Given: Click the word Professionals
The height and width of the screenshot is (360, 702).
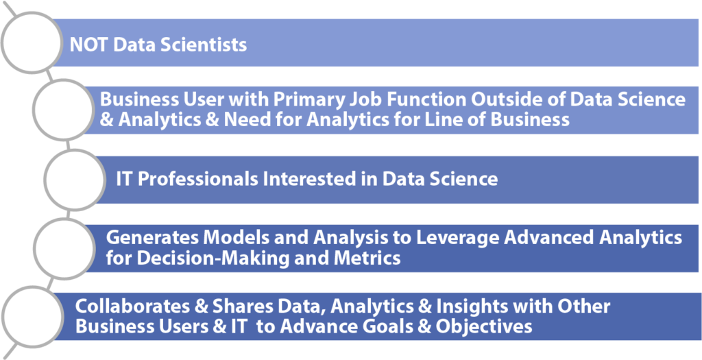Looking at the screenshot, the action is point(197,180).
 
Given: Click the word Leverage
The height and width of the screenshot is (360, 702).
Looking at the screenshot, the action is point(452,238).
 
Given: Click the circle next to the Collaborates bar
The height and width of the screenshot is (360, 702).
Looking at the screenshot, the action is point(32,316).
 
